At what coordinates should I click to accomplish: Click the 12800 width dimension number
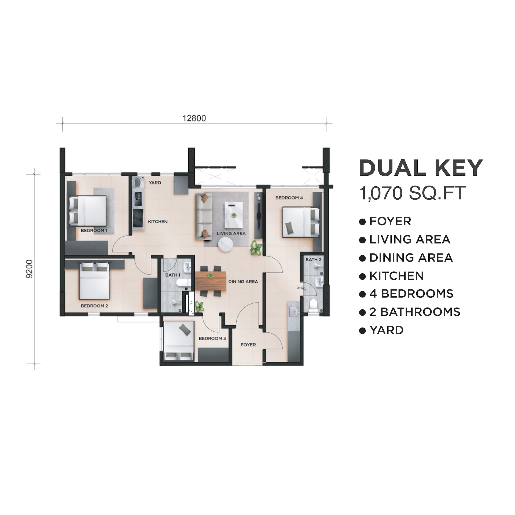coord(194,118)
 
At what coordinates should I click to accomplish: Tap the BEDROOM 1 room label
coord(94,230)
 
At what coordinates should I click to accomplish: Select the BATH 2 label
coord(313,259)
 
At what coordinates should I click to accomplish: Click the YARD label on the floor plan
coord(155,183)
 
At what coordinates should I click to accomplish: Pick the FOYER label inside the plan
coord(248,345)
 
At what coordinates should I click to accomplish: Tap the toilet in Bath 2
coord(313,305)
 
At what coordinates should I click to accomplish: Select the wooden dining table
coord(211,281)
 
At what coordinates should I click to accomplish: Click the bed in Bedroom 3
coord(179,341)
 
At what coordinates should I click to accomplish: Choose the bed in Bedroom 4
coord(301,222)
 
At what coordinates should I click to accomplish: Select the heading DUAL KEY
coord(421,168)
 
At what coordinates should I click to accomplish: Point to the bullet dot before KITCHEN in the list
coord(362,277)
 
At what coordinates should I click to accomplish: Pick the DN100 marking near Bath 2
coord(301,288)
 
